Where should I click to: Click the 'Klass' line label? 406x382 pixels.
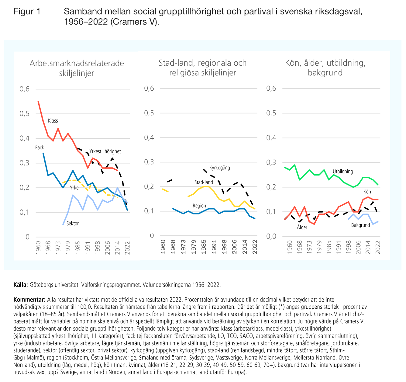(53, 121)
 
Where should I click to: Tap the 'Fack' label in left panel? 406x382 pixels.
(40, 148)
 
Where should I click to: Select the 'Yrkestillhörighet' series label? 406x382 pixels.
(105, 151)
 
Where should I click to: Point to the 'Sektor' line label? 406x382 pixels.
(73, 224)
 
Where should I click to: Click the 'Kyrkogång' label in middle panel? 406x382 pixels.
(220, 168)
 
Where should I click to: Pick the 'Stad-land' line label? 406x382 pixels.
(204, 182)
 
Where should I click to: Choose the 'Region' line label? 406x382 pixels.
(199, 206)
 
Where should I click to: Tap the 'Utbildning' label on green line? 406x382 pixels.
(343, 172)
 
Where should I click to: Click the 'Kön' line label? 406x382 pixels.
(367, 192)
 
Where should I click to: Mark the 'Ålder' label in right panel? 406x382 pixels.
(302, 227)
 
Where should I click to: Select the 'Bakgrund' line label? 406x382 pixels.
(360, 225)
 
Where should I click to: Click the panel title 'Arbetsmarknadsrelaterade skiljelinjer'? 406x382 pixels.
(77, 68)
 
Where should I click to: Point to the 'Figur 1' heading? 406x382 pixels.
(27, 12)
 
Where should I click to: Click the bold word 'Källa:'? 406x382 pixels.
(21, 285)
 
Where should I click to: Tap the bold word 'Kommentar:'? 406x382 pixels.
(29, 300)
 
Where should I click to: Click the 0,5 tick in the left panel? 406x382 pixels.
(25, 114)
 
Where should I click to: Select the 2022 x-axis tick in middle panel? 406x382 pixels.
(255, 246)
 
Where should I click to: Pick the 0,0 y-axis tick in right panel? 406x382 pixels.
(271, 236)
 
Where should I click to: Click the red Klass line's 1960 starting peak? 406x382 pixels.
(38, 101)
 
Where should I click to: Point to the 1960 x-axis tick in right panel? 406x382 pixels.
(290, 247)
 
